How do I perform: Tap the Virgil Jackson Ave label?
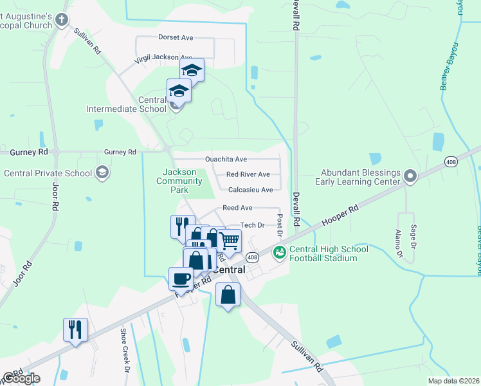tap(163, 58)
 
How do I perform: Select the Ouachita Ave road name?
tap(226, 159)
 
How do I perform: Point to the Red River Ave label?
tap(248, 174)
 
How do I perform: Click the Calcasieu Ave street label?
tap(251, 190)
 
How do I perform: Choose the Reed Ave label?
tap(237, 208)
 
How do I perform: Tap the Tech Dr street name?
tap(252, 225)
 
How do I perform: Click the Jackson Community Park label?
tap(183, 181)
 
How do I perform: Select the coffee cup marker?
tap(180, 279)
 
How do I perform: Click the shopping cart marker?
tap(229, 241)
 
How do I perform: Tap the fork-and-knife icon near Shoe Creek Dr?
tap(75, 329)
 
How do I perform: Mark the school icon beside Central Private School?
tap(102, 172)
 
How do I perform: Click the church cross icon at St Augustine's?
tap(62, 19)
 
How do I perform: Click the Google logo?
tap(21, 378)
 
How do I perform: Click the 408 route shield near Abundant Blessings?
tap(451, 161)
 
